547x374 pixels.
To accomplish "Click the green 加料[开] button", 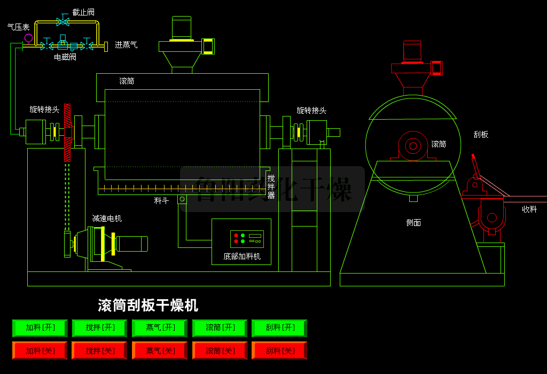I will (40, 328).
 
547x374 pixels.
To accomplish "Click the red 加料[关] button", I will (40, 350).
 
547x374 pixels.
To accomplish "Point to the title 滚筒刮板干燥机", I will (148, 306).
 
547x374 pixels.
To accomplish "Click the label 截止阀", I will (83, 12).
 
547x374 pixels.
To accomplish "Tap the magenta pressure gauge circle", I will (28, 38).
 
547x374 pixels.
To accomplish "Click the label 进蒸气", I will (126, 45).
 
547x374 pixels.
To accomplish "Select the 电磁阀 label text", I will (65, 57).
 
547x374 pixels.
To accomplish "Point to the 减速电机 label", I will (107, 218).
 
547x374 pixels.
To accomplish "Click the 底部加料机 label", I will (242, 256).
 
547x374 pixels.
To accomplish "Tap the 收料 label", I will (529, 209).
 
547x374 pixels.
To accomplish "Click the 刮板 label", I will (481, 135).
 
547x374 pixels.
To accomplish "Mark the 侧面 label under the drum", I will (413, 222).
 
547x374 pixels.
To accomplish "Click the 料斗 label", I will (161, 200).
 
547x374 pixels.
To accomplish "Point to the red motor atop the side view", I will (412, 51).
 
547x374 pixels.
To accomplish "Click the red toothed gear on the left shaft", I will (67, 133).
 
